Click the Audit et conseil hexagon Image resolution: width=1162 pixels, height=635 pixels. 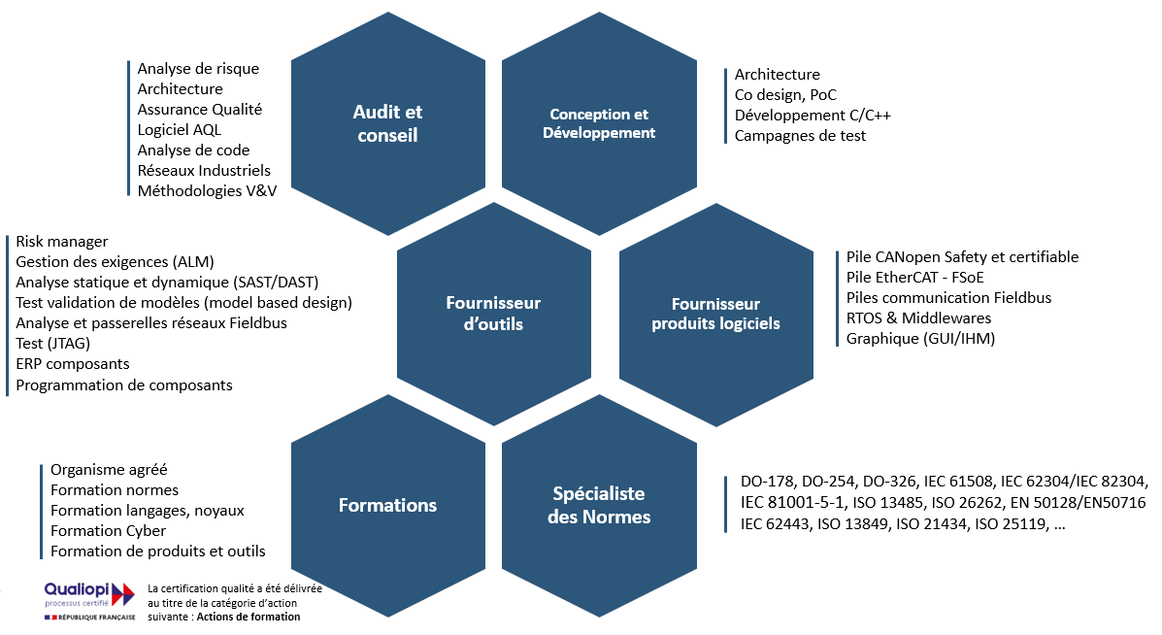[x=387, y=124]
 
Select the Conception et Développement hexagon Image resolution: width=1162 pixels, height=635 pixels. [x=598, y=124]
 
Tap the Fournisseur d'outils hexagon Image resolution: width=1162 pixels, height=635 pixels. [x=493, y=314]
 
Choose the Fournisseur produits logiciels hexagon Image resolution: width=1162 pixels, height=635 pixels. [x=715, y=314]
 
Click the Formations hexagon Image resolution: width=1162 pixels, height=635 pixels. [x=387, y=505]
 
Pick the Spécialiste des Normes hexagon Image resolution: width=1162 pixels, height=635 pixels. [x=598, y=505]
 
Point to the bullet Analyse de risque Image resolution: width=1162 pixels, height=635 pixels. [x=198, y=69]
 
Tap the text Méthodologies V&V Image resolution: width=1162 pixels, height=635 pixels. [x=207, y=191]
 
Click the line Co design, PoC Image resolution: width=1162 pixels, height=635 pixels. [x=785, y=95]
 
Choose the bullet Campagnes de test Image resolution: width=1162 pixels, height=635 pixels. [x=800, y=136]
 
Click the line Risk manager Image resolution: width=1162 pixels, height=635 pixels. [x=62, y=242]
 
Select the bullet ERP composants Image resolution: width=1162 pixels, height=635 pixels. [x=73, y=364]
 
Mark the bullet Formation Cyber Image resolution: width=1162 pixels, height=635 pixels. [x=108, y=531]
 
